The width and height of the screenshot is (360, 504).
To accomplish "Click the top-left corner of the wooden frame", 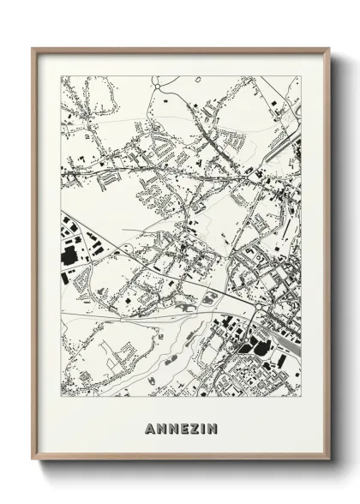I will point(33,49).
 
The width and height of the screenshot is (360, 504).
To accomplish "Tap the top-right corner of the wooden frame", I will point(329,49).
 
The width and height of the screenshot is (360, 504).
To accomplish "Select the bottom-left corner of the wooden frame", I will point(33,461).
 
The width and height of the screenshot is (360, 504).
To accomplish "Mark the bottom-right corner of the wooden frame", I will point(329,461).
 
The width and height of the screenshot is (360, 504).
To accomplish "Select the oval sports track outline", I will point(211,297).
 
